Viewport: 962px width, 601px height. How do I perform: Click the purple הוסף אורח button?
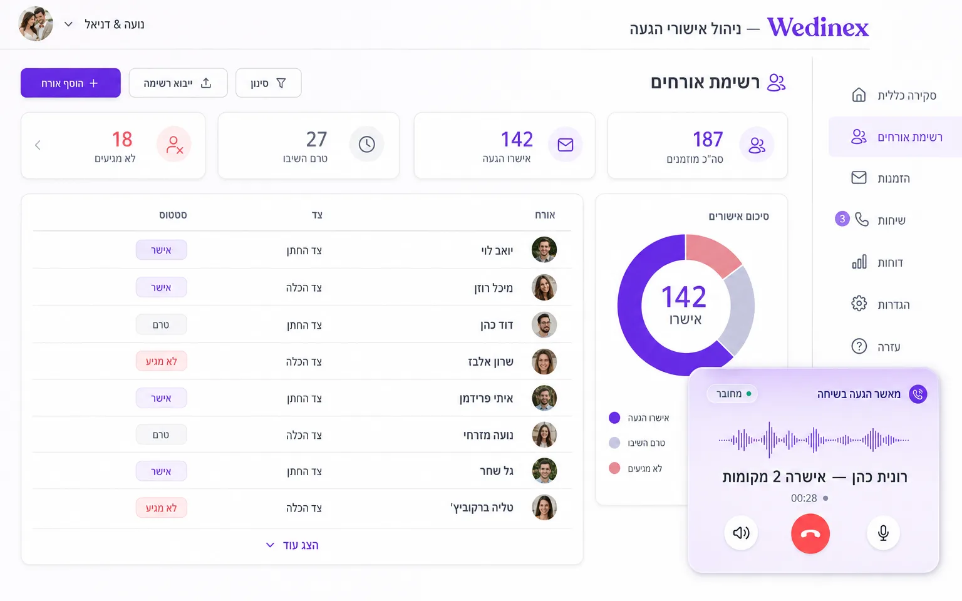[70, 83]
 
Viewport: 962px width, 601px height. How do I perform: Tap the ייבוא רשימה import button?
[178, 83]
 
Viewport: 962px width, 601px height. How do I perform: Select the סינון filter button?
[269, 83]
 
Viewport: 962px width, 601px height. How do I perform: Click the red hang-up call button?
[810, 533]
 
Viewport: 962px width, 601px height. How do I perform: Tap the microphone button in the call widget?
[883, 533]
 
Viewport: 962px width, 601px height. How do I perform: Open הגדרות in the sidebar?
[881, 304]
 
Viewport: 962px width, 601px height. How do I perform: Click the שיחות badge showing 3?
[842, 219]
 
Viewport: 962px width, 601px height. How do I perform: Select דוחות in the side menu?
[877, 262]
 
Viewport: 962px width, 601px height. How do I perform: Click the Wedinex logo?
[818, 27]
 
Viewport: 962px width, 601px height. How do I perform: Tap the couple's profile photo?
[36, 24]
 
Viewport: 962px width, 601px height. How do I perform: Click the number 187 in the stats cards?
[708, 139]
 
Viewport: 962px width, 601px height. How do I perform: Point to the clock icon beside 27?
[367, 144]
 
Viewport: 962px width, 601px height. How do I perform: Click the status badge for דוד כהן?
[161, 324]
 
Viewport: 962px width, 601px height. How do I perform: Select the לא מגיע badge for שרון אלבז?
[161, 361]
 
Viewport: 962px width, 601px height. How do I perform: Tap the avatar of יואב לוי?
[544, 249]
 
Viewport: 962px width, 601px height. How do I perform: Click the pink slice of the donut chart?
[711, 254]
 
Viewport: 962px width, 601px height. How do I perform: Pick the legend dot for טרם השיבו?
[614, 443]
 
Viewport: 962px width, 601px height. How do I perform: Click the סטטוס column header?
[173, 215]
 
